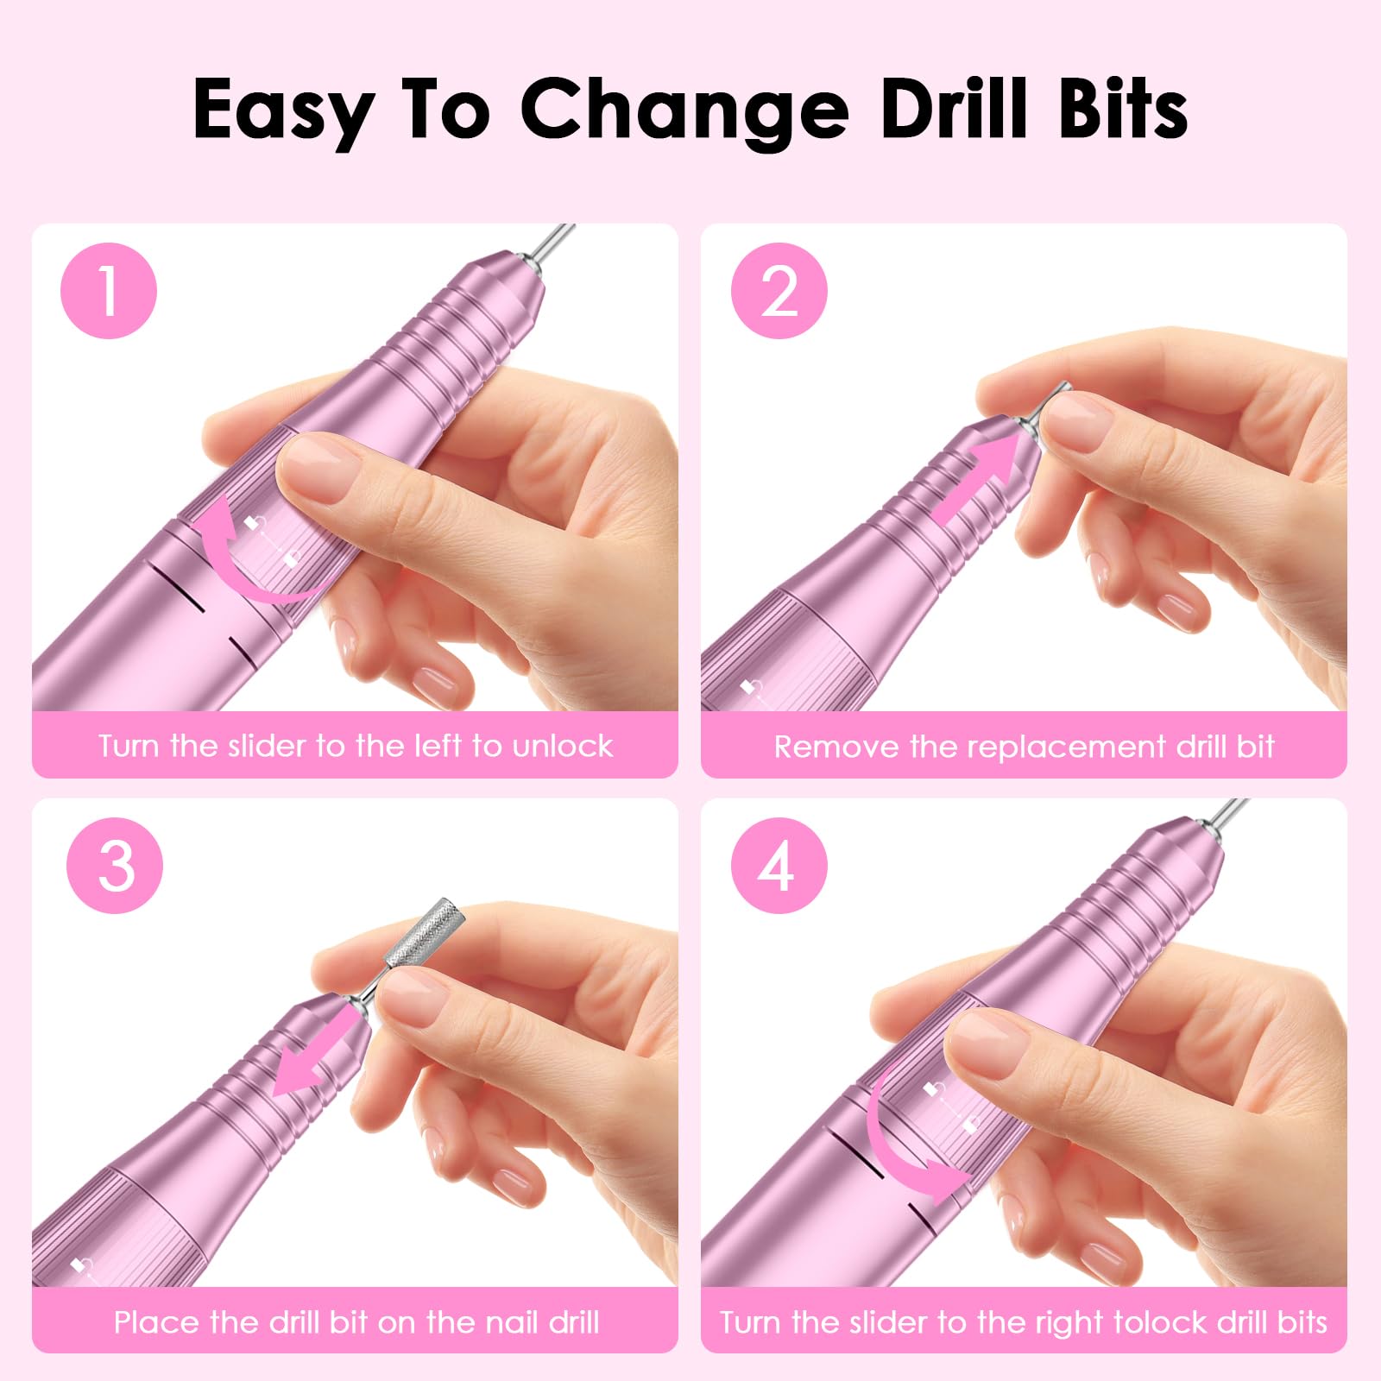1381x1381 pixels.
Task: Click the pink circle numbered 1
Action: pos(109,291)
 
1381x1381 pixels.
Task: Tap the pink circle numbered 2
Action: pos(779,291)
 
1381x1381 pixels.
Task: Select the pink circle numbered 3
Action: pos(115,866)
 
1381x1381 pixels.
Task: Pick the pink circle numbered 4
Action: pos(779,866)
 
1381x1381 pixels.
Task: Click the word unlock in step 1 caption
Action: pos(563,746)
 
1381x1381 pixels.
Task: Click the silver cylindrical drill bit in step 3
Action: pos(420,935)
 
